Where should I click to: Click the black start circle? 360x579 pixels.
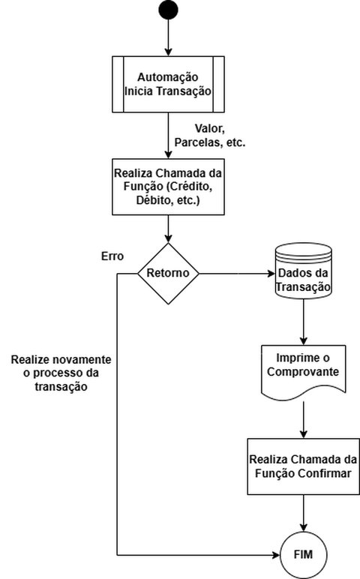[168, 10]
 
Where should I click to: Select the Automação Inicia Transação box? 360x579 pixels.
[168, 84]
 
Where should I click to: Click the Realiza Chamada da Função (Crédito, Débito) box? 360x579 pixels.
[168, 186]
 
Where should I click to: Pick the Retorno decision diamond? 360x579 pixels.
[168, 273]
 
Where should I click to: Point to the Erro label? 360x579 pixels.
[112, 256]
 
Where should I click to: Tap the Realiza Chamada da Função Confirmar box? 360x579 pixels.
[303, 465]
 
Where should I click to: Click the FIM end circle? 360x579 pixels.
[303, 555]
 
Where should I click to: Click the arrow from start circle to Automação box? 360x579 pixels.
[168, 37]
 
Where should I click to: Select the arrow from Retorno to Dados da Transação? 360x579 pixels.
[236, 273]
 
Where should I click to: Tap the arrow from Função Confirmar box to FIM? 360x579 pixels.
[303, 514]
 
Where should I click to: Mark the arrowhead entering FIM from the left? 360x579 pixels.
[276, 555]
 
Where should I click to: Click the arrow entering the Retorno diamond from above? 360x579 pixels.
[168, 229]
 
